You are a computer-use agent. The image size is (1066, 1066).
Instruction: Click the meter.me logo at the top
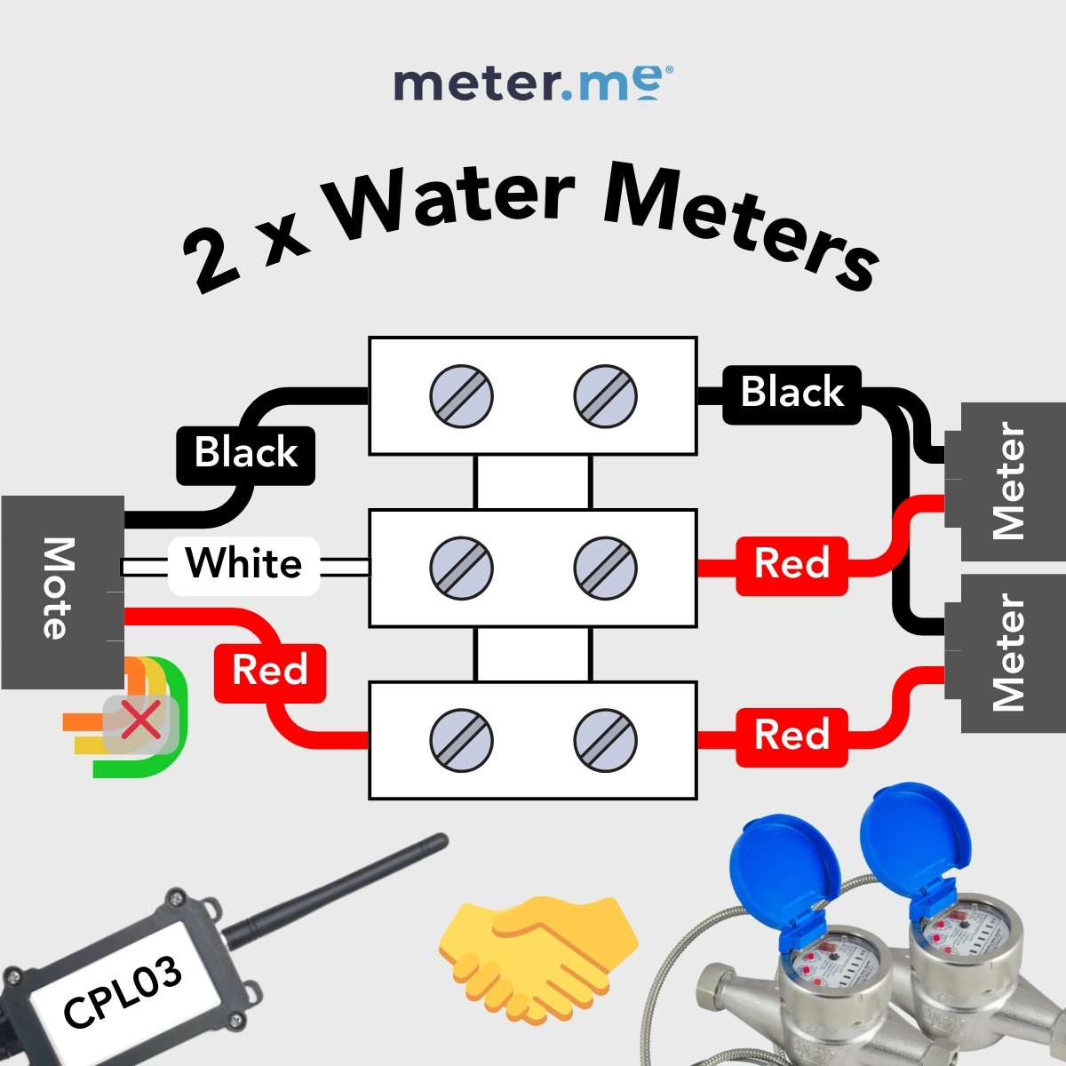click(533, 84)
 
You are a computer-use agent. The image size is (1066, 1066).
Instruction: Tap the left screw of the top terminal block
click(461, 396)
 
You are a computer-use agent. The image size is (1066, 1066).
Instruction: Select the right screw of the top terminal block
click(606, 396)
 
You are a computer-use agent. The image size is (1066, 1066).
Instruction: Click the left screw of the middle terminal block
click(461, 569)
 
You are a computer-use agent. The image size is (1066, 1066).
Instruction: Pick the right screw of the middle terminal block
click(606, 569)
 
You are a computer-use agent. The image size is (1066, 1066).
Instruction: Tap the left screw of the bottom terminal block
click(461, 740)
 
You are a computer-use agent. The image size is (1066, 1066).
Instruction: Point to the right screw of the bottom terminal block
click(606, 740)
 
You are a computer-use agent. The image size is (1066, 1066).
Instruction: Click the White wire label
click(244, 566)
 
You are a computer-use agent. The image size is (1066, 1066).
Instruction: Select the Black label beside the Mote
click(245, 456)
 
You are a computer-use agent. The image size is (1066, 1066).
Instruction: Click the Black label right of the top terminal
click(792, 395)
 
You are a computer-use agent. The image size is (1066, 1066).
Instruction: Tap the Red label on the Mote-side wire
click(270, 673)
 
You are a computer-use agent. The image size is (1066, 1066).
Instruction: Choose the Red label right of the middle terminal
click(792, 566)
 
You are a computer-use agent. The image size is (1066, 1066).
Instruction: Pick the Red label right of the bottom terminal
click(792, 737)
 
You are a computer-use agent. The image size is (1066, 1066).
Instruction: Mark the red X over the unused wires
click(141, 720)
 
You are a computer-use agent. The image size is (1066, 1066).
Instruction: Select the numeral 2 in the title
click(213, 263)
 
